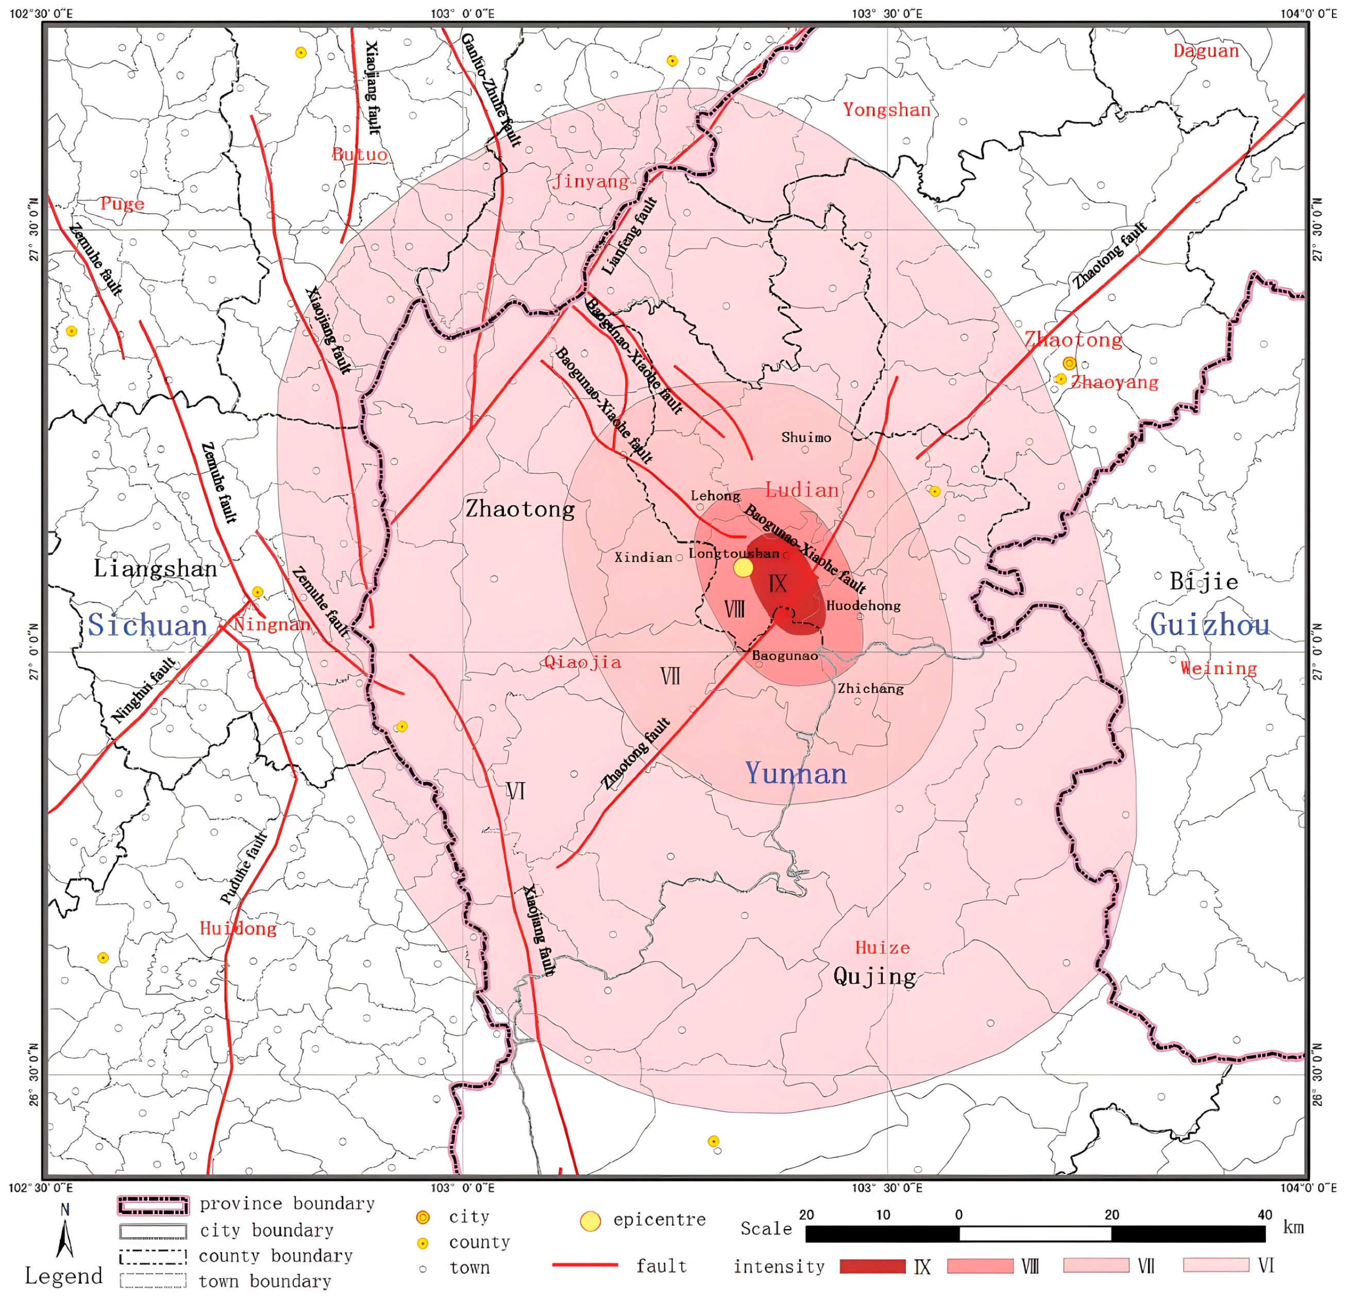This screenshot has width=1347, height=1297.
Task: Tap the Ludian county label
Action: click(801, 490)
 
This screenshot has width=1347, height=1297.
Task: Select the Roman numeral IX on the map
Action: click(777, 584)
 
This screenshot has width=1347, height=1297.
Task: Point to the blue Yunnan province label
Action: click(796, 774)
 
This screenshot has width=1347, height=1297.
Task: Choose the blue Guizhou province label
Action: click(1209, 624)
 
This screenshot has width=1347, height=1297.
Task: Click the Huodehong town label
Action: click(863, 605)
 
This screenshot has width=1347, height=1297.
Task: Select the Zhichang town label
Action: click(870, 688)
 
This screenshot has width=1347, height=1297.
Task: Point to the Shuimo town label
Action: click(806, 437)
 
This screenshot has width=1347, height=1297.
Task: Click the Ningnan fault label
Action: click(144, 690)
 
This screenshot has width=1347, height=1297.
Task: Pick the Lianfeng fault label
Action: click(630, 235)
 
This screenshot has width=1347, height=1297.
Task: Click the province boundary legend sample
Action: click(153, 1205)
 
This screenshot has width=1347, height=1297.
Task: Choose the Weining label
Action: click(1219, 668)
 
